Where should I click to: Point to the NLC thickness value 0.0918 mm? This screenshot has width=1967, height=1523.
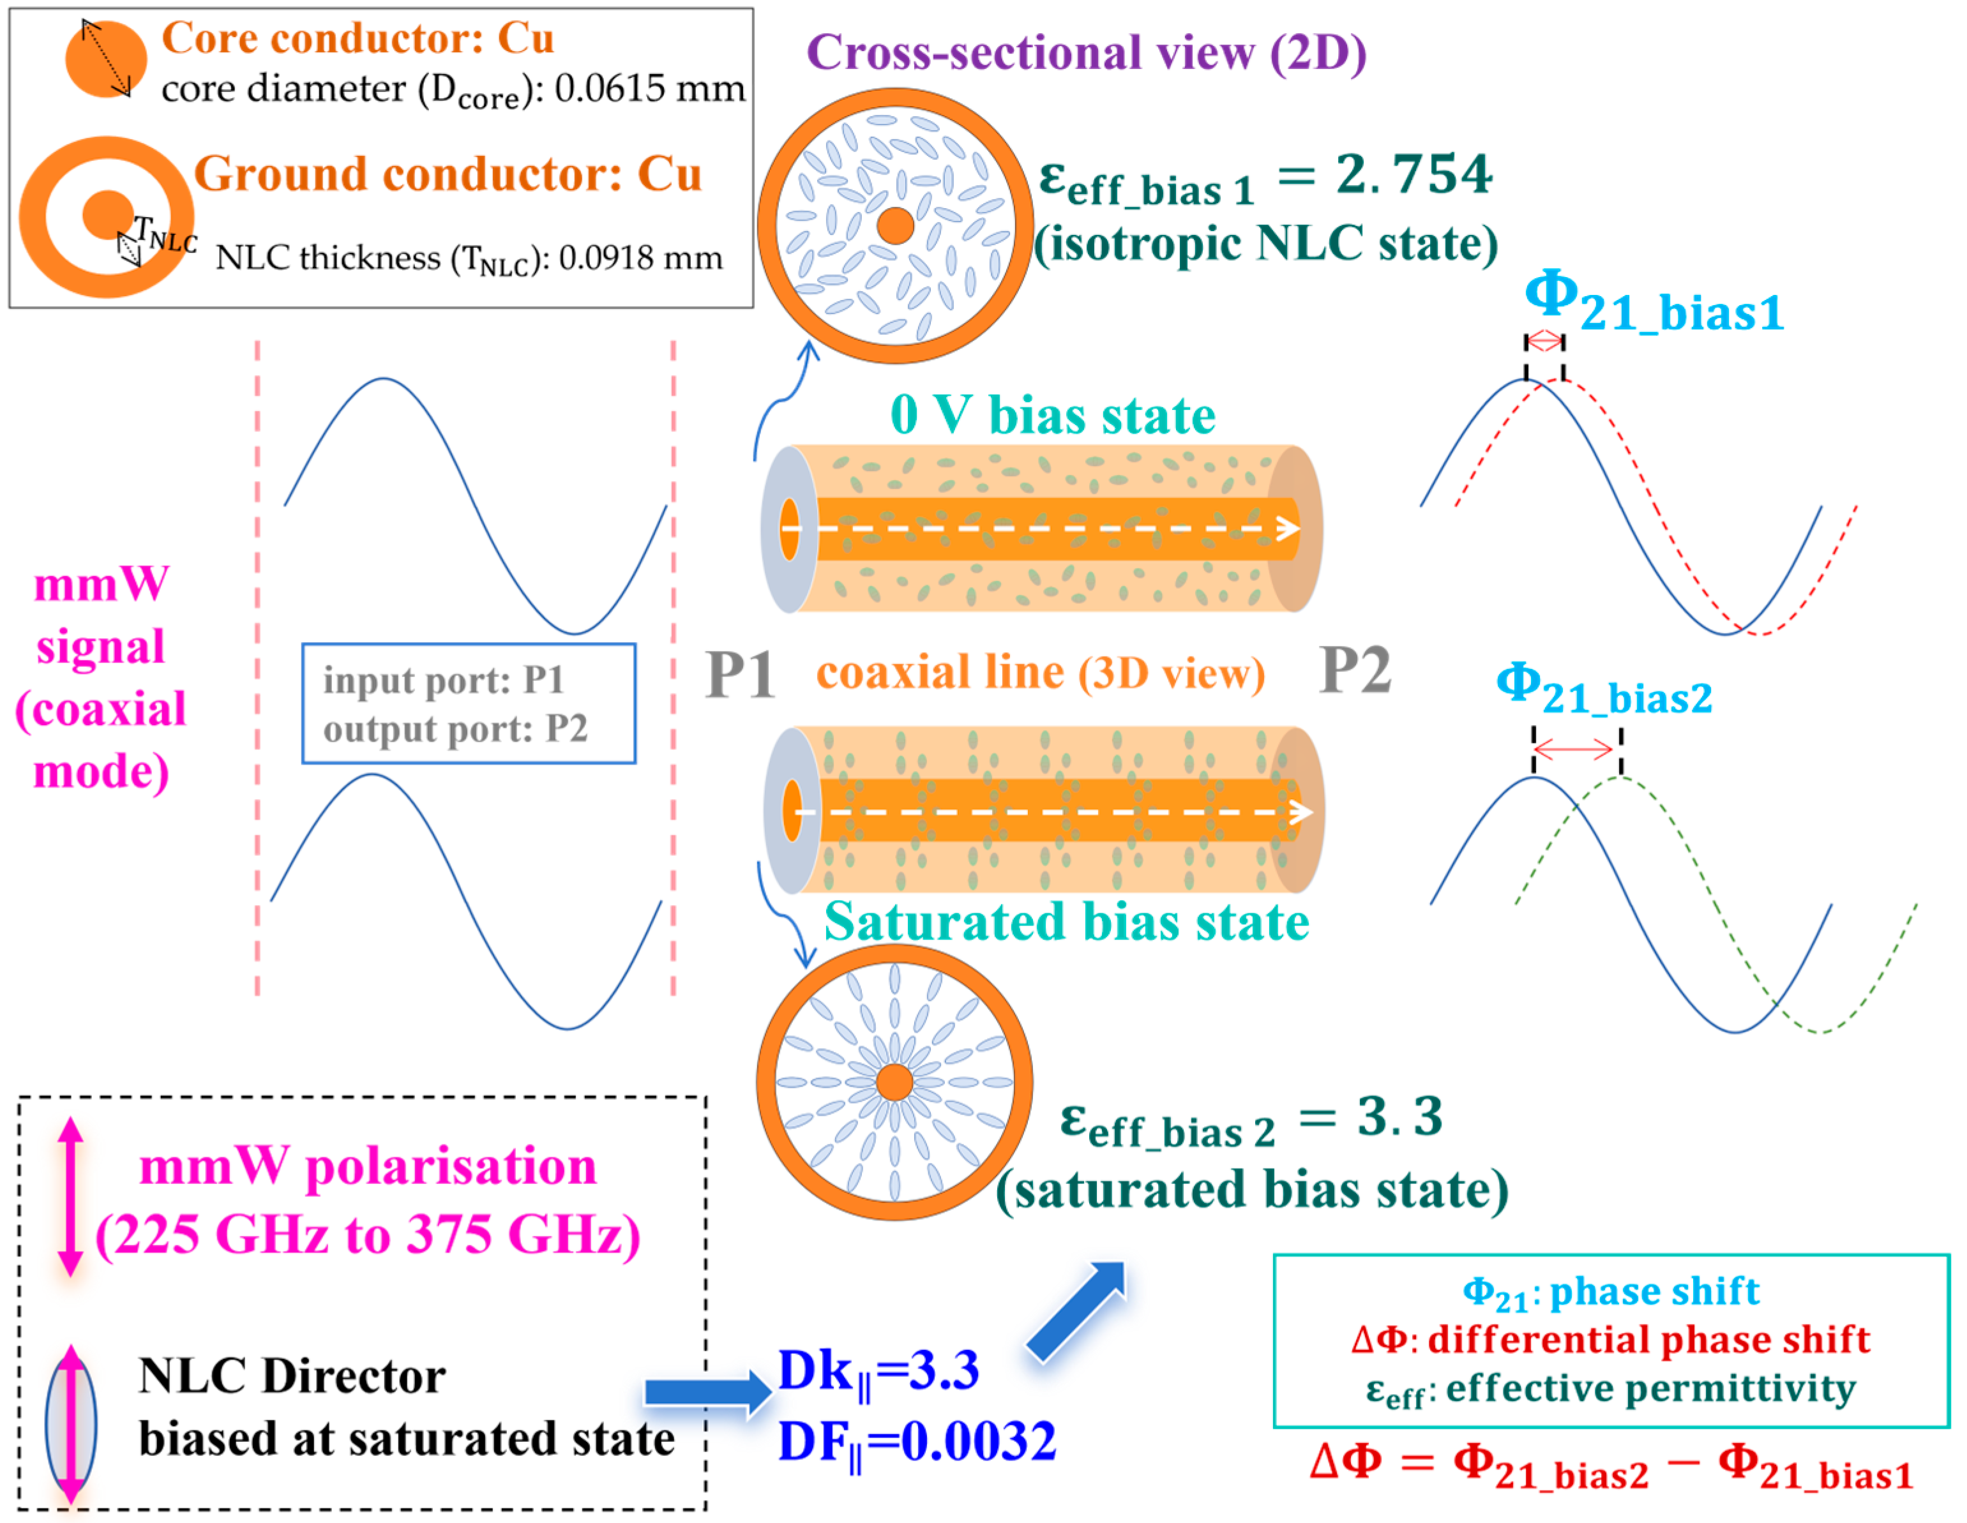tap(640, 259)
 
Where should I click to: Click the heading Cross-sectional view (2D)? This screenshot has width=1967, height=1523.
tap(1085, 52)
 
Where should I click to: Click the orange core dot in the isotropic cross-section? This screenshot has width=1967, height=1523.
tap(895, 226)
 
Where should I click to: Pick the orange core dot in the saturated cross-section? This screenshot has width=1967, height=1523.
tap(894, 1083)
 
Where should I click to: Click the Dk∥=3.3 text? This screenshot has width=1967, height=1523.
tap(878, 1372)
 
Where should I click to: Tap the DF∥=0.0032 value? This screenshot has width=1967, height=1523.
tap(917, 1441)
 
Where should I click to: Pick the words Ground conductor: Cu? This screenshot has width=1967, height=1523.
tap(448, 174)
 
